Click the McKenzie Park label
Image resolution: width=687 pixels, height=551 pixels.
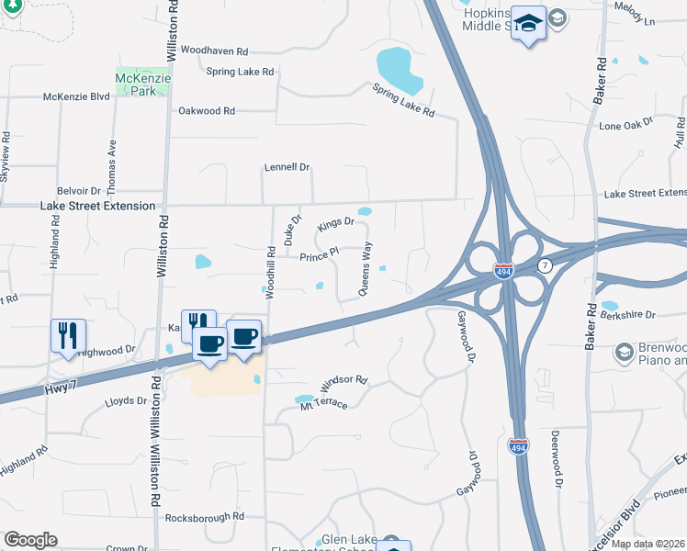pyautogui.click(x=139, y=85)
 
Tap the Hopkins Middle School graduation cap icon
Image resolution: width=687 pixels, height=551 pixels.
pyautogui.click(x=528, y=21)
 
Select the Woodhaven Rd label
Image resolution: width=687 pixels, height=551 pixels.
pyautogui.click(x=215, y=51)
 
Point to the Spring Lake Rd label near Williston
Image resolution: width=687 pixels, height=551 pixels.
pyautogui.click(x=240, y=72)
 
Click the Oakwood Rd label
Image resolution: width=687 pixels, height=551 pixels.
pyautogui.click(x=207, y=111)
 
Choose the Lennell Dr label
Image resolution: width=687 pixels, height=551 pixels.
pyautogui.click(x=287, y=168)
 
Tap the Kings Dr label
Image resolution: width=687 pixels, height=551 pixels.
pyautogui.click(x=335, y=223)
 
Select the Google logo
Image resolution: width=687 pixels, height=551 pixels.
pyautogui.click(x=30, y=540)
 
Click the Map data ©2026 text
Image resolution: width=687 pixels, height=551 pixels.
pyautogui.click(x=648, y=544)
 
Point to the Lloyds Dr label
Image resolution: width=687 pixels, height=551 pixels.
pyautogui.click(x=126, y=401)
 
